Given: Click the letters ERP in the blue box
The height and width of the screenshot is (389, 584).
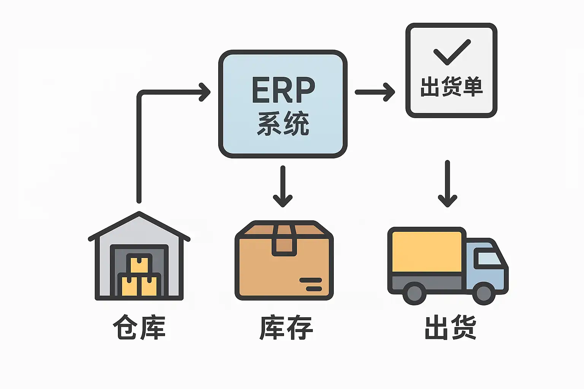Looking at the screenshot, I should coord(283,90).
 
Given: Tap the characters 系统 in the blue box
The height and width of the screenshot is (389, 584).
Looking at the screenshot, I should coord(283,123).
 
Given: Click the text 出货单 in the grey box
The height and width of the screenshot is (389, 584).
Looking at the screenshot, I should coord(451,87).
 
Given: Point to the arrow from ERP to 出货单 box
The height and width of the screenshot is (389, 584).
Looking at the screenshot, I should coord(375,92).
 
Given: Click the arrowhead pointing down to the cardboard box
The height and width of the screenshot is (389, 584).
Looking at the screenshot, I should coord(282,200).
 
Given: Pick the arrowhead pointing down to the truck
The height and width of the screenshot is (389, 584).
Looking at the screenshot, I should coord(448,200).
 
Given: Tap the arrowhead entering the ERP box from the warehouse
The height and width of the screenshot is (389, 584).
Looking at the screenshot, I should coord(205,92).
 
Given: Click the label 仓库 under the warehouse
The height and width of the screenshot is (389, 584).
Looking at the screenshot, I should coord(139,327).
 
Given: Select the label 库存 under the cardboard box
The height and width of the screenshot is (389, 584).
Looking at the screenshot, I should coord(286,327).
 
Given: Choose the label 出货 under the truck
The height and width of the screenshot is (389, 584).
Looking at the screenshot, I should coord(451,327).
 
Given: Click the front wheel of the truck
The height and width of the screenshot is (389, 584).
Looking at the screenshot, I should coord(483,293).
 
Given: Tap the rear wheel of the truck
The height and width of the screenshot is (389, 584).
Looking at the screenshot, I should coord(414,293).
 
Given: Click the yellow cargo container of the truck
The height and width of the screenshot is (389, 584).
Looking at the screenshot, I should coord(427,252).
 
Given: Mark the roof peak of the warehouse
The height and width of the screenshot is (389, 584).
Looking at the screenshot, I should coord(139,215).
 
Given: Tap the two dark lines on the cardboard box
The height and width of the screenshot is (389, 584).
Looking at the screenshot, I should coord(311,285).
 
